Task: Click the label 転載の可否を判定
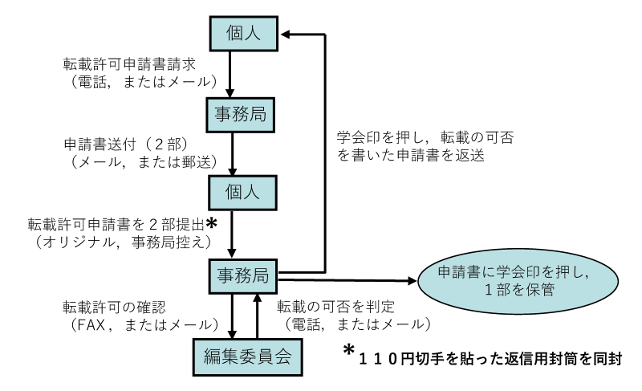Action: click(x=331, y=307)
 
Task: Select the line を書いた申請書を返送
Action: click(x=408, y=157)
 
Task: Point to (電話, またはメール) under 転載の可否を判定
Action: click(x=352, y=324)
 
